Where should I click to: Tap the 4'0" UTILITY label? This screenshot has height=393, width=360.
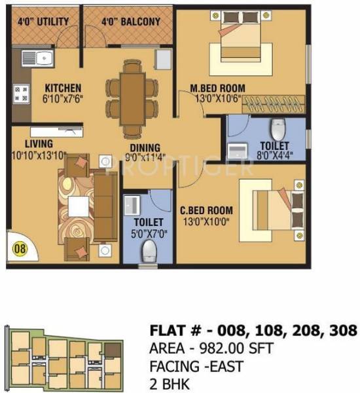point(43,22)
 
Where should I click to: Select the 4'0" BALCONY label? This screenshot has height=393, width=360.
point(131,22)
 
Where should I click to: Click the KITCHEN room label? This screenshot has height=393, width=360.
point(63,87)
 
